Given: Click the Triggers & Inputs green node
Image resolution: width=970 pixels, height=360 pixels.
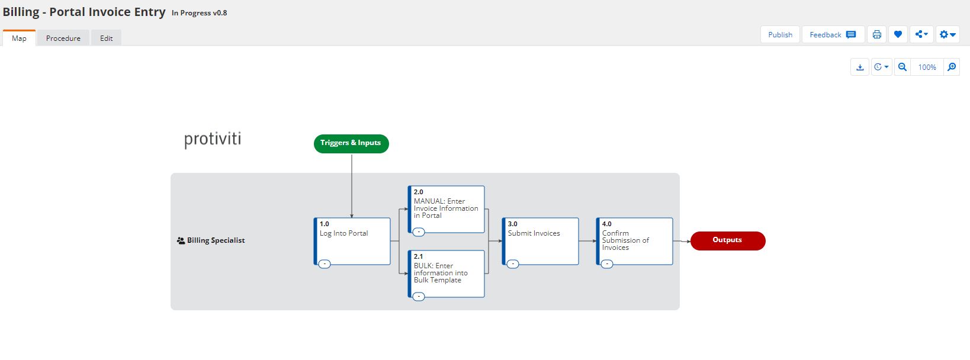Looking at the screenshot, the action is [351, 143].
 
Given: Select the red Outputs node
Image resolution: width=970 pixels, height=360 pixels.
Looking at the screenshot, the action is [727, 241].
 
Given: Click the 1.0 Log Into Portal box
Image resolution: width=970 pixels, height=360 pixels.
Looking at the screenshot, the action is [352, 242].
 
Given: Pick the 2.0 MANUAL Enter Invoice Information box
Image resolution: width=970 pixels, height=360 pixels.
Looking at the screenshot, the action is [446, 209].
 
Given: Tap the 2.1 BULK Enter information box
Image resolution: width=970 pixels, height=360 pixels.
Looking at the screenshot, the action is [446, 274].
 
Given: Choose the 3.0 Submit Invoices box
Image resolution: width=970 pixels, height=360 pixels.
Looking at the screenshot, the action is [541, 242].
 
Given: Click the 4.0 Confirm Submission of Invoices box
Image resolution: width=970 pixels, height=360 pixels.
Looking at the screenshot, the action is [634, 242].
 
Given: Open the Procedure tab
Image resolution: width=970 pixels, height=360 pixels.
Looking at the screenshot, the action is [63, 38].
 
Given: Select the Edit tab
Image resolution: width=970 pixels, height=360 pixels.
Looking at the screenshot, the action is [106, 38].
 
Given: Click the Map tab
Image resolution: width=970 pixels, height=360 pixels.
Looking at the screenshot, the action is [19, 38].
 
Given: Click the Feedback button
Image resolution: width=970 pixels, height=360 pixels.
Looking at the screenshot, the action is [833, 35].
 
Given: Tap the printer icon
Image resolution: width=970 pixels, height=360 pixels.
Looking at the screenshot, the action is [877, 35].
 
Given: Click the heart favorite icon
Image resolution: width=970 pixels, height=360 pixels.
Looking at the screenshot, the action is [898, 35].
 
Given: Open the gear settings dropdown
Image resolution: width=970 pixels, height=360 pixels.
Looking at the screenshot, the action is [947, 35].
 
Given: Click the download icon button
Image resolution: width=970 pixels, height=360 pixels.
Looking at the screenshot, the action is [860, 67].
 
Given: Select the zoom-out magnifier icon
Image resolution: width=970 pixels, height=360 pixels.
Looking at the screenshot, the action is [902, 67].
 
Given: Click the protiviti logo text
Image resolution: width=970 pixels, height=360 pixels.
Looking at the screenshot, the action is [213, 139].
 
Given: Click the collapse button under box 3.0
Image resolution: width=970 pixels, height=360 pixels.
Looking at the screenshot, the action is [513, 264].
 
